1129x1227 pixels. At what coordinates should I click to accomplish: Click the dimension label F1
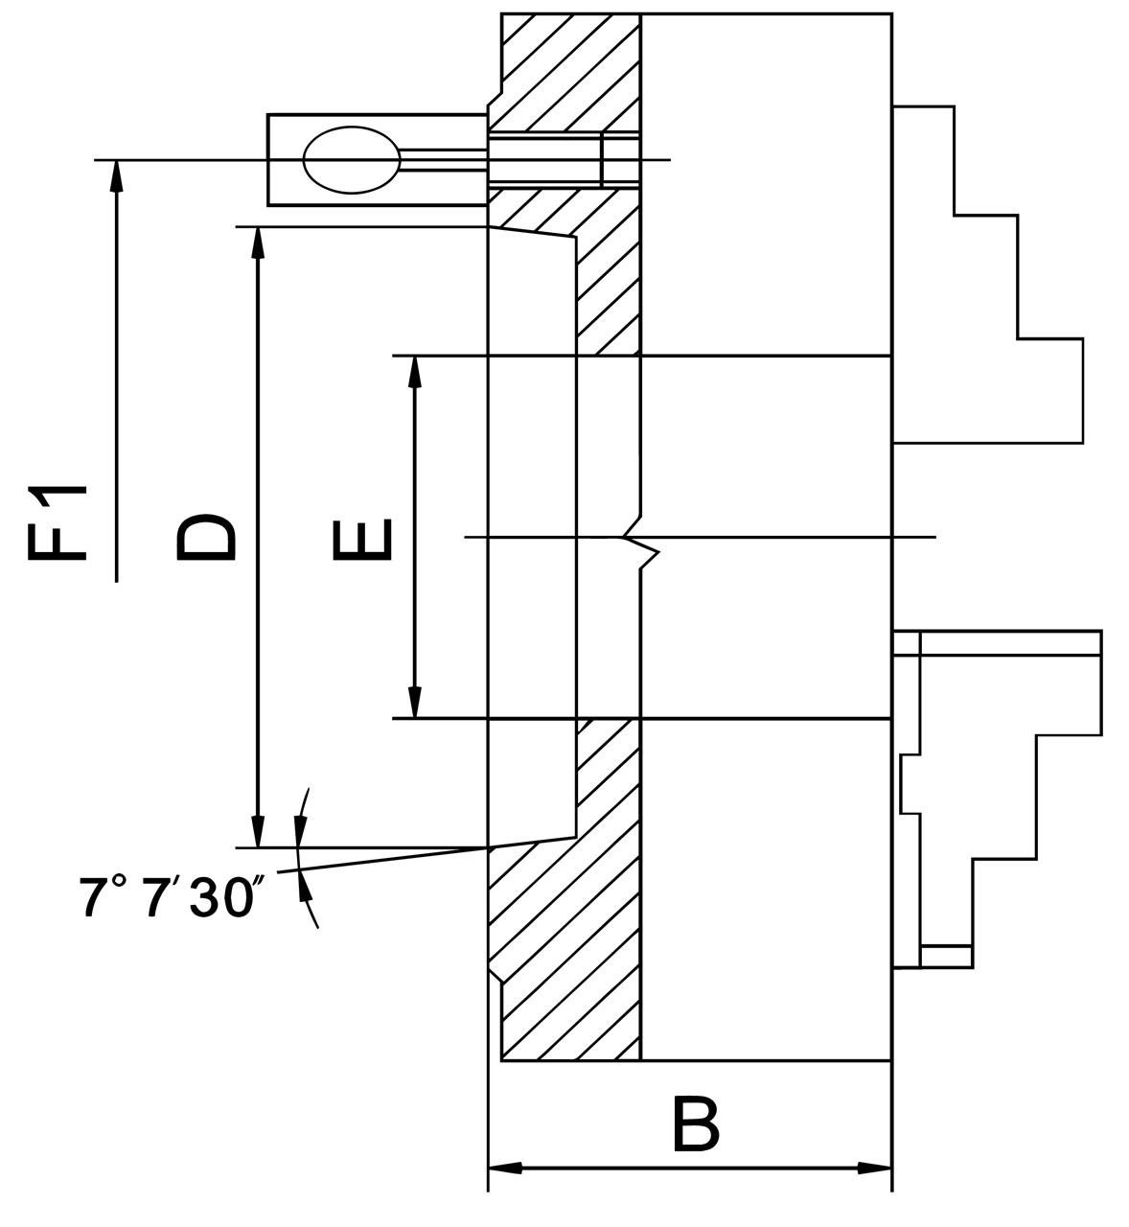pyautogui.click(x=58, y=523)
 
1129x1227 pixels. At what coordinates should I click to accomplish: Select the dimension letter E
pyautogui.click(x=360, y=539)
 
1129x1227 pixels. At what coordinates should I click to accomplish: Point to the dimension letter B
pyautogui.click(x=695, y=1124)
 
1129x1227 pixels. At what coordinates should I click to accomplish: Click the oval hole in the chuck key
pyautogui.click(x=351, y=160)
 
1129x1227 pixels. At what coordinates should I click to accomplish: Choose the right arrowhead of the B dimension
pyautogui.click(x=874, y=1169)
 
